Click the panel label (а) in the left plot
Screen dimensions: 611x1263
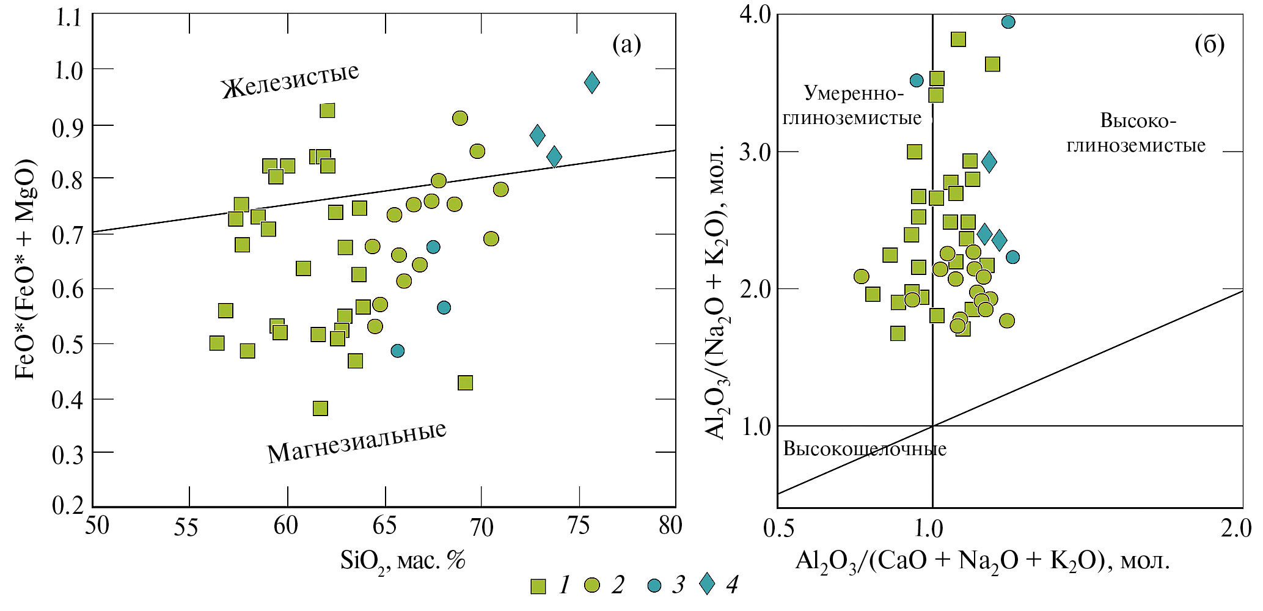626,44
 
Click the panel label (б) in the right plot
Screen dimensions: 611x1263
1209,44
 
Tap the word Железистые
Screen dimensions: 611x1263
290,80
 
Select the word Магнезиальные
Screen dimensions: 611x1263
357,442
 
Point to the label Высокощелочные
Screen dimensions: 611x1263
865,449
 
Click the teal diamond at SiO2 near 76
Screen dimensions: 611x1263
591,82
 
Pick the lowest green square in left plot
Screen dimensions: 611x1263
320,408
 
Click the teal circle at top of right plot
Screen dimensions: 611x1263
1008,22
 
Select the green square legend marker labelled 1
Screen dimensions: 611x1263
538,586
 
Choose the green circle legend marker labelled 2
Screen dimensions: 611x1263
591,586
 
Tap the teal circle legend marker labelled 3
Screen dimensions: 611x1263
654,586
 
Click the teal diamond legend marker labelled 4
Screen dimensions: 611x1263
707,585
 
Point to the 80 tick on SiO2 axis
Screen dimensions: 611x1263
670,525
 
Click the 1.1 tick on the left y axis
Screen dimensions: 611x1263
68,17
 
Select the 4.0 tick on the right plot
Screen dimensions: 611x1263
756,15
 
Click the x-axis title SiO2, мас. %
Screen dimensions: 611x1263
403,560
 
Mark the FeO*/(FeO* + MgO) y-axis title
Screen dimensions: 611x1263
26,269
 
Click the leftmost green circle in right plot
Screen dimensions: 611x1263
861,277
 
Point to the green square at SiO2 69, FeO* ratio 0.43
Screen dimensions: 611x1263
465,383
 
